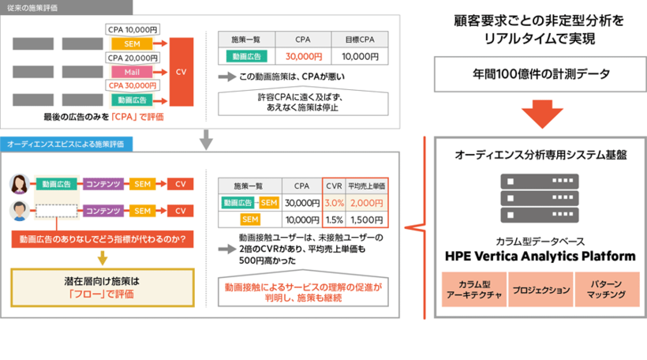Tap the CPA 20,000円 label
click(x=133, y=58)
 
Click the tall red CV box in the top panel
click(x=181, y=72)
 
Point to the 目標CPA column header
click(x=360, y=39)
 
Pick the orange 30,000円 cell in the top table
click(x=302, y=57)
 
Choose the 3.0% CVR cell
click(x=333, y=202)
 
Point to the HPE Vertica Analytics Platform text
click(x=540, y=257)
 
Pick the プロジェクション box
click(x=540, y=290)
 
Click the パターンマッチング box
click(x=607, y=290)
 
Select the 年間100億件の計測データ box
click(x=540, y=74)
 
